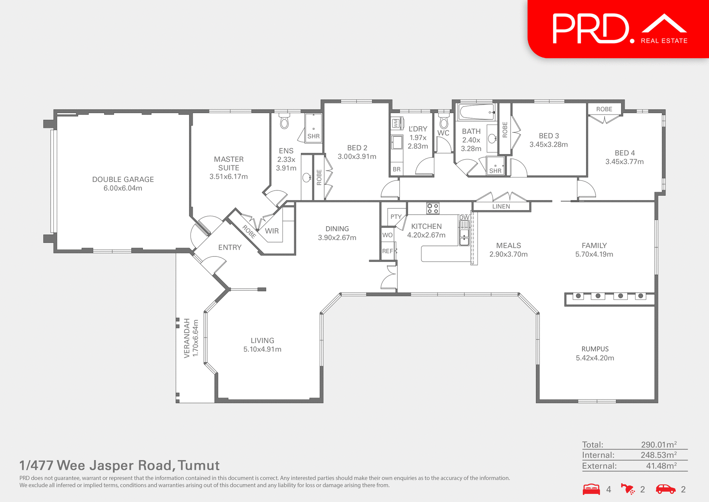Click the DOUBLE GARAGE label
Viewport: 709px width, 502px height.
[123, 179]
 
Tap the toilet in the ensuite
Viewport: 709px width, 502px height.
[284, 122]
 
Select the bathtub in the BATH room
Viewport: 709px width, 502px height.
[476, 112]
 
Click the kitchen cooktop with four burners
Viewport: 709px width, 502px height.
[433, 208]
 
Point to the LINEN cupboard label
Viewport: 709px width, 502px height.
[501, 206]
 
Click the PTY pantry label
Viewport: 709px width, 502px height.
[396, 217]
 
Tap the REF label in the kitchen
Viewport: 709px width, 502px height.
[387, 251]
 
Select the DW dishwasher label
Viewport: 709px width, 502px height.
[464, 217]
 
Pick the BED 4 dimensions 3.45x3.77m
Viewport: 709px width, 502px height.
[624, 162]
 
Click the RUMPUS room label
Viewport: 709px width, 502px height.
[595, 349]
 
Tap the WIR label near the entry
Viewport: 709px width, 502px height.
[272, 231]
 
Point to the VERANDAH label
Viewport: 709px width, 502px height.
[187, 338]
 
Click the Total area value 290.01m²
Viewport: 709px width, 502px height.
[658, 445]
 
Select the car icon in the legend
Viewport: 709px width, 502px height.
[665, 489]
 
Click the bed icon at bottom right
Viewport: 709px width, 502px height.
[591, 489]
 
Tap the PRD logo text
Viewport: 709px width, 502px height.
[591, 29]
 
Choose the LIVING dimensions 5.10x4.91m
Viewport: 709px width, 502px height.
[262, 349]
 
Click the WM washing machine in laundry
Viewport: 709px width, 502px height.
[396, 123]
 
